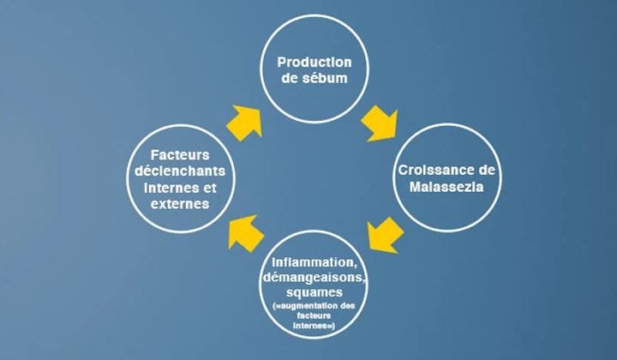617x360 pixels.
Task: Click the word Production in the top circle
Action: coord(314,62)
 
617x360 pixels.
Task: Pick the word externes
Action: coord(180,204)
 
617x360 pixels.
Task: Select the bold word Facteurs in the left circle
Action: coord(180,154)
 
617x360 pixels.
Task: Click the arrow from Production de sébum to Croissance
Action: coord(378,123)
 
